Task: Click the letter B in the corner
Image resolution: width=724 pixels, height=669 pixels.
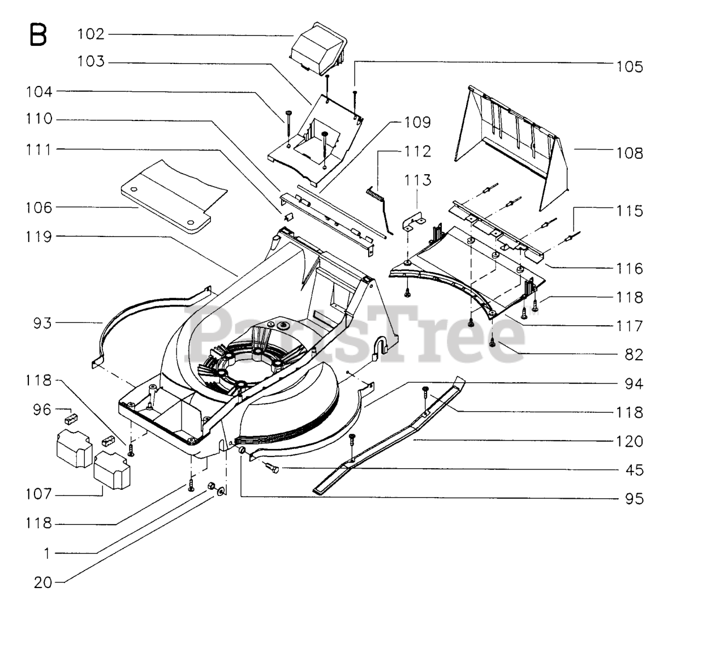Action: (38, 35)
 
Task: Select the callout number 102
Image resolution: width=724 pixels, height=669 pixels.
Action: (91, 34)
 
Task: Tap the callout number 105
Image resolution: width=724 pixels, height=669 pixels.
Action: (630, 67)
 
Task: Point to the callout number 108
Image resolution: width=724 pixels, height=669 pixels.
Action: (630, 153)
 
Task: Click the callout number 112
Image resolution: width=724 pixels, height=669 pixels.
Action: (417, 152)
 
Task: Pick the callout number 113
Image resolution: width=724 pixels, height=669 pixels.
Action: (417, 180)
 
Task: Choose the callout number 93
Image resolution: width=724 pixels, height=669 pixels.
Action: (42, 323)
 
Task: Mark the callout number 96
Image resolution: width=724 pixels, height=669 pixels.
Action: (42, 409)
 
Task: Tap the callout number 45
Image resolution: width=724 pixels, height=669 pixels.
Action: (634, 470)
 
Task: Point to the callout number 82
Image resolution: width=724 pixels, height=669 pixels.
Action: (634, 355)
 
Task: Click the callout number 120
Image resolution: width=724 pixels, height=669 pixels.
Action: (630, 441)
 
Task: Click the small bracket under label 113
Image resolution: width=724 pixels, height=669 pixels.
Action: (414, 222)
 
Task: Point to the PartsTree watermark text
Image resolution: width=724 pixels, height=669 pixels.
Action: (356, 334)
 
